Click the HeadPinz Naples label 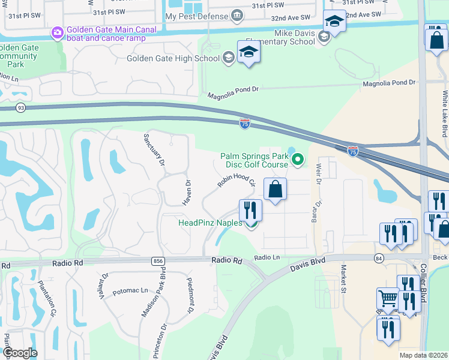[x=209, y=223]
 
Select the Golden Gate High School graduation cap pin [x=249, y=52]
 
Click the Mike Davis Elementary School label [x=294, y=37]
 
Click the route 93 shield [x=21, y=108]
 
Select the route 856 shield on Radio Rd [x=158, y=261]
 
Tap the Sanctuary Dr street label [x=153, y=153]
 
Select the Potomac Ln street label [x=130, y=290]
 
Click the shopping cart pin [x=388, y=298]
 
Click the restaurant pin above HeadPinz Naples [x=250, y=210]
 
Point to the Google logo [x=19, y=353]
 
